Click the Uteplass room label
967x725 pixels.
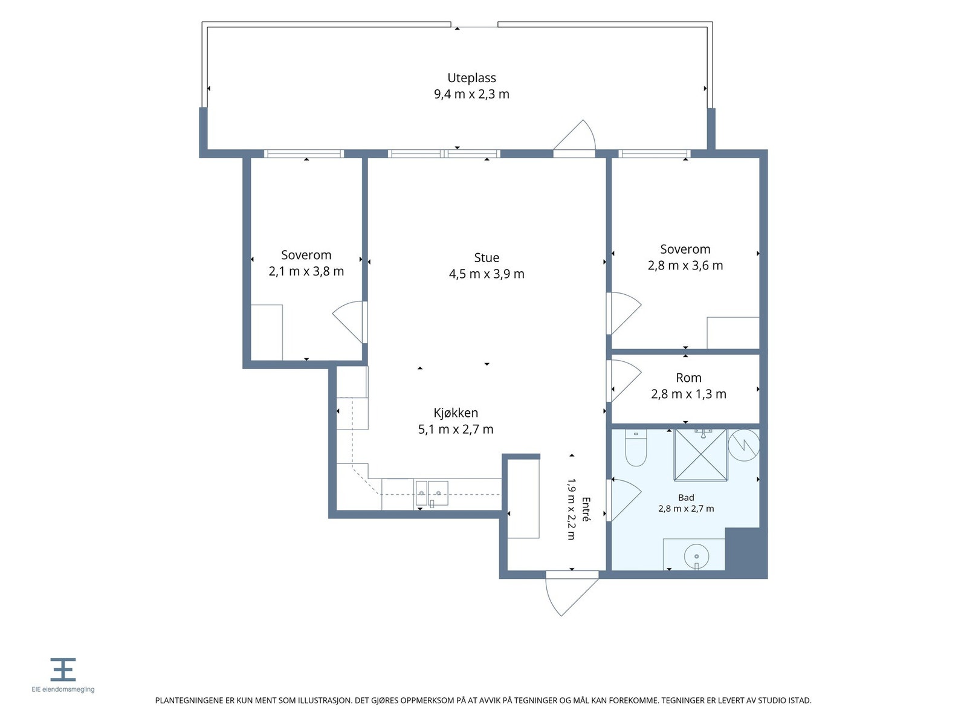471,78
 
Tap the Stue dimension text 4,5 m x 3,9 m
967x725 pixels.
487,274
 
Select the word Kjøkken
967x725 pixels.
456,413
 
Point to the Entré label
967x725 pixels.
586,509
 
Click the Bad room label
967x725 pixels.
686,497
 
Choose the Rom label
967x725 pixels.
688,378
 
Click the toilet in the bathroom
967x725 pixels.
636,447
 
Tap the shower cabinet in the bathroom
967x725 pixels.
700,455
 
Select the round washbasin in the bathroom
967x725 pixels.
696,556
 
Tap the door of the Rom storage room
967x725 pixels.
624,381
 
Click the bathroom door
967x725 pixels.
624,500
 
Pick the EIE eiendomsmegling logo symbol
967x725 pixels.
63,669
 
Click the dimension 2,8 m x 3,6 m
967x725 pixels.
685,265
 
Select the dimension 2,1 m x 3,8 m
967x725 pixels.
306,271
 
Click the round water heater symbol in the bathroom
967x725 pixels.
743,445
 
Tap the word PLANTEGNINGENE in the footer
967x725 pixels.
190,700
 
